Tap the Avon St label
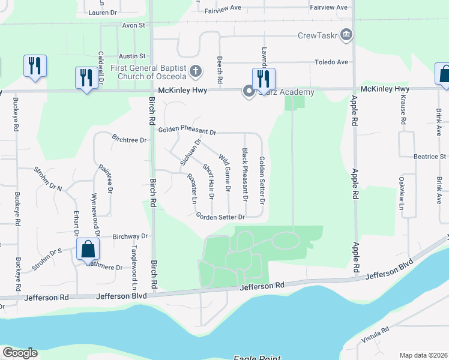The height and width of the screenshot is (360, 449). click(134, 26)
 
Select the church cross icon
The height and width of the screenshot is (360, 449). click(194, 72)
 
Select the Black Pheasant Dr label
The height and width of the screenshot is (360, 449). click(245, 175)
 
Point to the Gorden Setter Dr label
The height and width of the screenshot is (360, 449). click(221, 217)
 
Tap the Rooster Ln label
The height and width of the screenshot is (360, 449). click(192, 188)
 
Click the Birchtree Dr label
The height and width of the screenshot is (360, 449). click(129, 140)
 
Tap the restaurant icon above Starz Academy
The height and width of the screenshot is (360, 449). click(264, 79)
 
